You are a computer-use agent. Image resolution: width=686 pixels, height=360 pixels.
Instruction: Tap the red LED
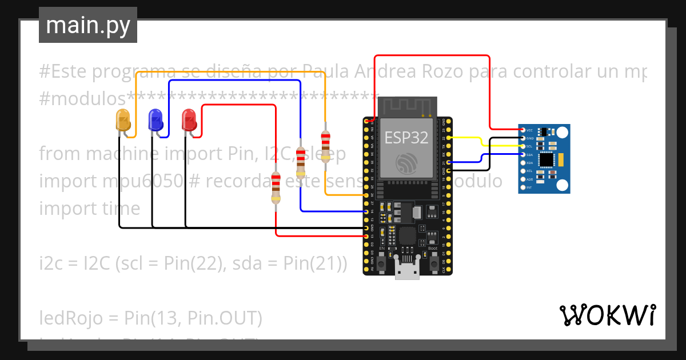click(189, 120)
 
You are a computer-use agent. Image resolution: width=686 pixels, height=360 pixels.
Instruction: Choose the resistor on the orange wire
click(325, 146)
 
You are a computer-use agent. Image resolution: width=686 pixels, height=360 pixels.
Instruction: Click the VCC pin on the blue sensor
click(523, 130)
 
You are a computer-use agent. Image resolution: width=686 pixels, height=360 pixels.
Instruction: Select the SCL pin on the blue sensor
click(523, 146)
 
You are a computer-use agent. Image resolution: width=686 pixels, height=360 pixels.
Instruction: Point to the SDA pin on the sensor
click(523, 155)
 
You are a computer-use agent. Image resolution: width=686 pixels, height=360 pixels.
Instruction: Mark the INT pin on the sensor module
click(523, 187)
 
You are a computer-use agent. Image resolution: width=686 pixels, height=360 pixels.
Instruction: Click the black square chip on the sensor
click(547, 158)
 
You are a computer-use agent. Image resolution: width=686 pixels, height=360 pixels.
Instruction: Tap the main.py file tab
click(88, 25)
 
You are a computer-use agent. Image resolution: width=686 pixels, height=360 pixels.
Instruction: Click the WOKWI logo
click(607, 315)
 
